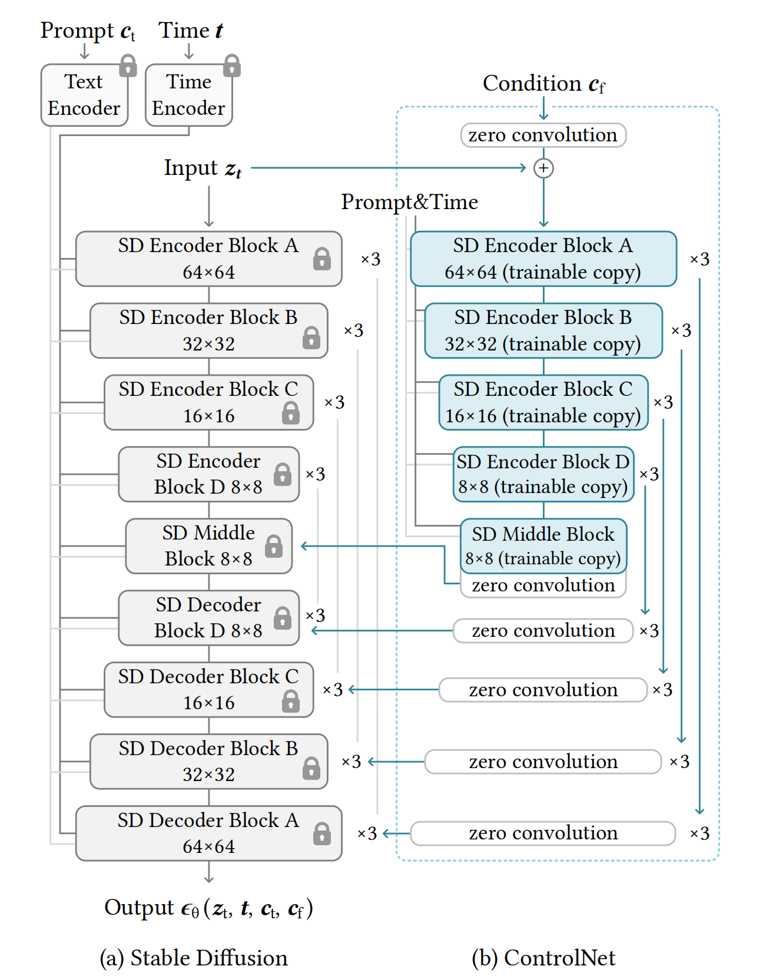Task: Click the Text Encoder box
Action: (x=84, y=95)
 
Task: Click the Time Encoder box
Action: (x=188, y=95)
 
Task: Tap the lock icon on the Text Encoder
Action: (x=128, y=65)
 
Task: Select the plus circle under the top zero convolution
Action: (x=543, y=168)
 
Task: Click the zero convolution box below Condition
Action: (x=543, y=135)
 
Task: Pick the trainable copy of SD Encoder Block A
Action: (x=543, y=259)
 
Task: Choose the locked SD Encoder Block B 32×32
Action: (x=209, y=330)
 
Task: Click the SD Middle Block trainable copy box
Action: (x=543, y=545)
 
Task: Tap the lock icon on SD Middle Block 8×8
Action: (x=274, y=546)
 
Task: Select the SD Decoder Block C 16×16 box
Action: (x=209, y=689)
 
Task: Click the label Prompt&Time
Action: (x=410, y=202)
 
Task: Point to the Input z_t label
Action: (x=203, y=168)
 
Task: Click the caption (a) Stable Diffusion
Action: (x=194, y=958)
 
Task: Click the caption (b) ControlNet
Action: (x=543, y=958)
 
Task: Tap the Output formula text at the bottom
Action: (x=208, y=908)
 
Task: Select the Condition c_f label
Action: (x=543, y=84)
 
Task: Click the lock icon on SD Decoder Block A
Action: (x=322, y=834)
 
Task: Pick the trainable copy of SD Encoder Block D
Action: (x=543, y=474)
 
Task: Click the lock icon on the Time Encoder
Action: (x=232, y=65)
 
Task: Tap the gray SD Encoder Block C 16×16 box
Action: (x=209, y=402)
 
